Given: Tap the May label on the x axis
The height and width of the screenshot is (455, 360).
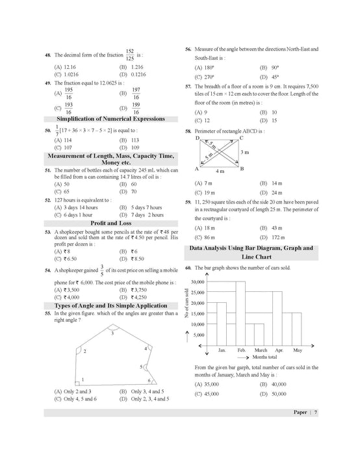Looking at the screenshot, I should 297,350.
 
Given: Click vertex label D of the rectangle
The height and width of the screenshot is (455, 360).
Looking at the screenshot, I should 197,138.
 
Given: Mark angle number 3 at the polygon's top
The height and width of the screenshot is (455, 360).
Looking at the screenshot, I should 112,333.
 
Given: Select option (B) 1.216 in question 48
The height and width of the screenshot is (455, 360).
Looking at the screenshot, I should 136,67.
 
